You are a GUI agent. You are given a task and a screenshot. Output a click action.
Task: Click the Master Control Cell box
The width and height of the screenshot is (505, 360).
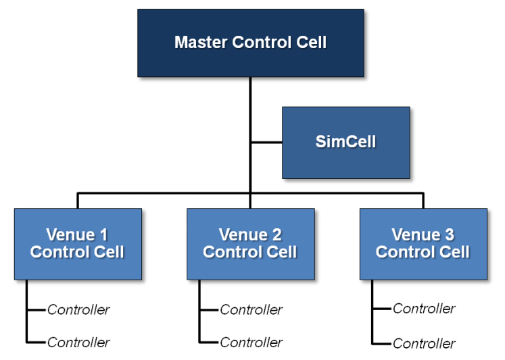251,43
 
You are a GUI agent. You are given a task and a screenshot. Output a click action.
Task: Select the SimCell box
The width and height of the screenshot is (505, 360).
346,143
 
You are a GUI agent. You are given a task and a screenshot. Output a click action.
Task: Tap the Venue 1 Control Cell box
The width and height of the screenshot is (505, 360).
78,244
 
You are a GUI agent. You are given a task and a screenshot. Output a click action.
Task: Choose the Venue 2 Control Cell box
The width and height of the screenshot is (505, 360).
251,244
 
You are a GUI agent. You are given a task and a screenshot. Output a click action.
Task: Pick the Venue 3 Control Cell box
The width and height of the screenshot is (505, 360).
423,244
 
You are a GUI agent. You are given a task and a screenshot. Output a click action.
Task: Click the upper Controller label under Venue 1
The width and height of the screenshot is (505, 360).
78,310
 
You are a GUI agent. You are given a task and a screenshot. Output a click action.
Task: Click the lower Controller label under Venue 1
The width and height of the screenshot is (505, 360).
78,342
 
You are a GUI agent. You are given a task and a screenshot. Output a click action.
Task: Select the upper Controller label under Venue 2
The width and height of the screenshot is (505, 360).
251,310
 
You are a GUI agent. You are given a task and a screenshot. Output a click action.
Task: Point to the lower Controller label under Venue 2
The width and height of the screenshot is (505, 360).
251,342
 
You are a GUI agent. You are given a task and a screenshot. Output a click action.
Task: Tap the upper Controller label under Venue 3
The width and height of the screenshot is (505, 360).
424,309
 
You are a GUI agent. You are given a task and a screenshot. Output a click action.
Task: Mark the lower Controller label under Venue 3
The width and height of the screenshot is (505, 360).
424,344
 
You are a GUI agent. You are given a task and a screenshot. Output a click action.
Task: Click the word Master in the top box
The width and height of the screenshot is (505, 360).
201,42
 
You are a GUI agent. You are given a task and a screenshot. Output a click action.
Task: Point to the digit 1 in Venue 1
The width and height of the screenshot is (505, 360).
103,234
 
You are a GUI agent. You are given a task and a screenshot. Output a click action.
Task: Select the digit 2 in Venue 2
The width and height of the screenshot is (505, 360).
276,234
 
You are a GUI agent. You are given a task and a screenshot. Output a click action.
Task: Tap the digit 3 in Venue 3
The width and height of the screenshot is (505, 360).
450,234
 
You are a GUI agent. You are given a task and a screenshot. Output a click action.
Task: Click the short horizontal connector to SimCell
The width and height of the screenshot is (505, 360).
266,143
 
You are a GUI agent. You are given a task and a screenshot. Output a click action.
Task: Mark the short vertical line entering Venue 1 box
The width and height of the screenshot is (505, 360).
78,201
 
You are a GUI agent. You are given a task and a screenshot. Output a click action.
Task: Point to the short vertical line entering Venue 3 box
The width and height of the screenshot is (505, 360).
423,201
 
